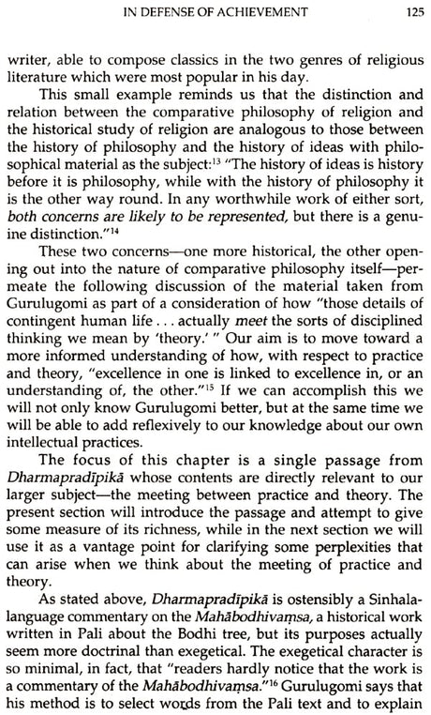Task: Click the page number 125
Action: [406, 12]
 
